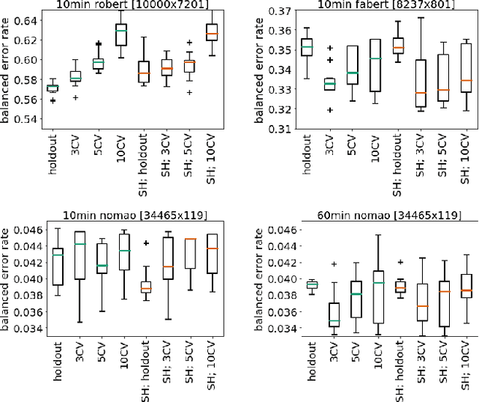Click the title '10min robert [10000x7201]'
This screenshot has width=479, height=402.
click(x=132, y=5)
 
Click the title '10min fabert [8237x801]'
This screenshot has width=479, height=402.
click(x=379, y=5)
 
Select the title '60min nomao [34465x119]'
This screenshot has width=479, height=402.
click(x=379, y=216)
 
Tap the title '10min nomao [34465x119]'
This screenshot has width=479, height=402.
click(x=132, y=216)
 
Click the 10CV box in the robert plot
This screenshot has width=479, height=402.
click(x=120, y=34)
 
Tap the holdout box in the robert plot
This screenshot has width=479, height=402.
click(x=52, y=88)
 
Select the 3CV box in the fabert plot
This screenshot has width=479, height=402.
click(x=329, y=85)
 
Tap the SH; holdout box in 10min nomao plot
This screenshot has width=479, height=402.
click(x=145, y=287)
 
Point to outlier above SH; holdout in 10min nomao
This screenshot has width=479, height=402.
click(x=145, y=243)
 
